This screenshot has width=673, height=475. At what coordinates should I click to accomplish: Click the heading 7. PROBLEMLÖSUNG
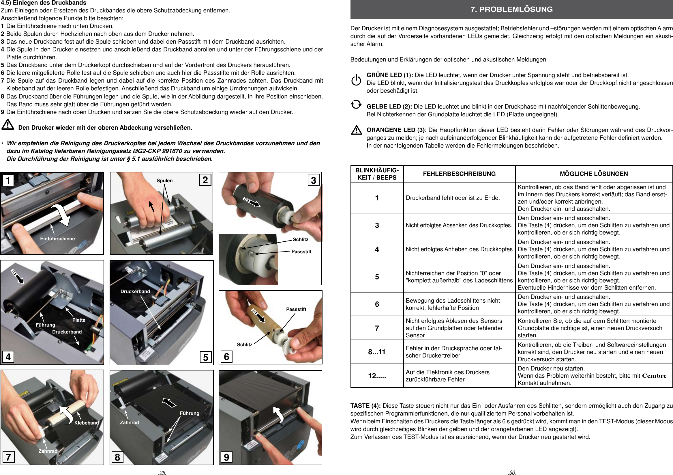(x=511, y=10)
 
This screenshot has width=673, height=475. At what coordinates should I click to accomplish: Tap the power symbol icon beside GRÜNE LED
(x=356, y=80)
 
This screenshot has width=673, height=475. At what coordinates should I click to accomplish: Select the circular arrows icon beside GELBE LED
(x=356, y=105)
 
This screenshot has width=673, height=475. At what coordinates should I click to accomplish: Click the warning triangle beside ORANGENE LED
(x=357, y=130)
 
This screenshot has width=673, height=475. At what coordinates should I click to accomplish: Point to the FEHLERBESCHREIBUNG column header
(x=459, y=174)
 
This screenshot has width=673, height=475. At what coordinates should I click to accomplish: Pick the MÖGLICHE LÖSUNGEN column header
(x=594, y=174)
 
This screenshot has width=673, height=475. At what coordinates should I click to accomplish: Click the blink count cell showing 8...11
(x=377, y=352)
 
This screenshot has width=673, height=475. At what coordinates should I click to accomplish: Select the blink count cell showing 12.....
(x=377, y=376)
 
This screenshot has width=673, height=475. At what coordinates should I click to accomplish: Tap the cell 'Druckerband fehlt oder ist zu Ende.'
(x=453, y=198)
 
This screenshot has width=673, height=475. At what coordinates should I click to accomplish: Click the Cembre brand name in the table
(x=654, y=376)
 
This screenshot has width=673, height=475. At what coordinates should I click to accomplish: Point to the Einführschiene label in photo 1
(x=57, y=239)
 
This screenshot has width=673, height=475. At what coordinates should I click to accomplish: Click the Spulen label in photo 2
(x=164, y=180)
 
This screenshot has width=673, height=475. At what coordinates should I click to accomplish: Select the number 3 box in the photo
(x=313, y=180)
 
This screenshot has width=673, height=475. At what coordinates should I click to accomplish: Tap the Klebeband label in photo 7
(x=87, y=423)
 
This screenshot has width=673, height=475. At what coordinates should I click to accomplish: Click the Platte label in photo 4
(x=79, y=320)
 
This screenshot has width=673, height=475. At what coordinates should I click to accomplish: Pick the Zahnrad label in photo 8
(x=129, y=422)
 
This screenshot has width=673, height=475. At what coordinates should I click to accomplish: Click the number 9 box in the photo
(x=226, y=457)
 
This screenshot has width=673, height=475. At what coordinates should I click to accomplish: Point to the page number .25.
(x=162, y=473)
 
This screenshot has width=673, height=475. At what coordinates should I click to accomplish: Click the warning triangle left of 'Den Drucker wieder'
(x=8, y=124)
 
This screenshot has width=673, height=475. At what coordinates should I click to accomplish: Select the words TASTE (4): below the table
(x=365, y=406)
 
